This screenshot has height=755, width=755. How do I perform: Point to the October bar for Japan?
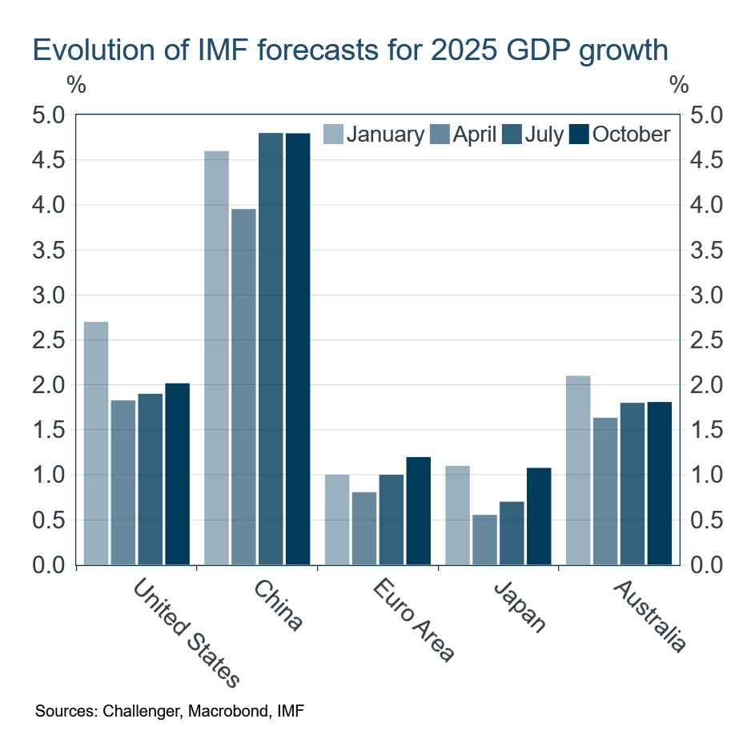point(538,516)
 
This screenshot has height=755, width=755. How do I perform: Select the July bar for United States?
point(150,479)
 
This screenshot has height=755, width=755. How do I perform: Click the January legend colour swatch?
point(332,135)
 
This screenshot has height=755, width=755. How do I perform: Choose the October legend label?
point(631,135)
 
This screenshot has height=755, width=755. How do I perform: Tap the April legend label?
point(475,135)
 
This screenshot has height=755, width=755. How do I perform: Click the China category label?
point(279,606)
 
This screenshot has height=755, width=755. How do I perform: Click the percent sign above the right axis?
point(679,85)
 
